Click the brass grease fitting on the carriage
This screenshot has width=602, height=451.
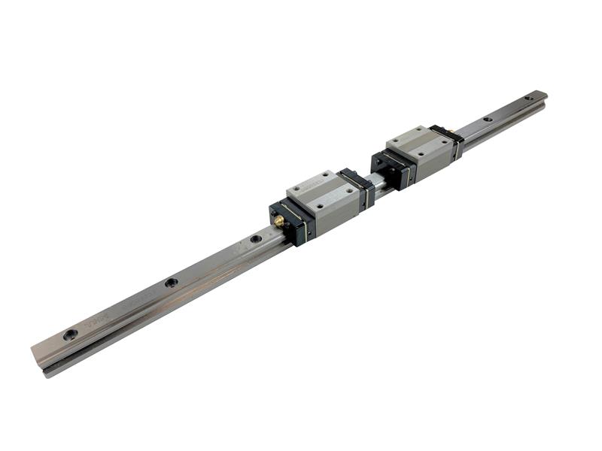pyautogui.click(x=278, y=222)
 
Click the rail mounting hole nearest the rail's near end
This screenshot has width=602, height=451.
pyautogui.click(x=70, y=334)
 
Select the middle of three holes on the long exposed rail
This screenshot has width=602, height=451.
pyautogui.click(x=172, y=283)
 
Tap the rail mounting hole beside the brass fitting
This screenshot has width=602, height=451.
pyautogui.click(x=256, y=239)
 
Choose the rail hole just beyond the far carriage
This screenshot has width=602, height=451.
pyautogui.click(x=488, y=119)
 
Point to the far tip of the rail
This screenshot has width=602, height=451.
pyautogui.click(x=543, y=95)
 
